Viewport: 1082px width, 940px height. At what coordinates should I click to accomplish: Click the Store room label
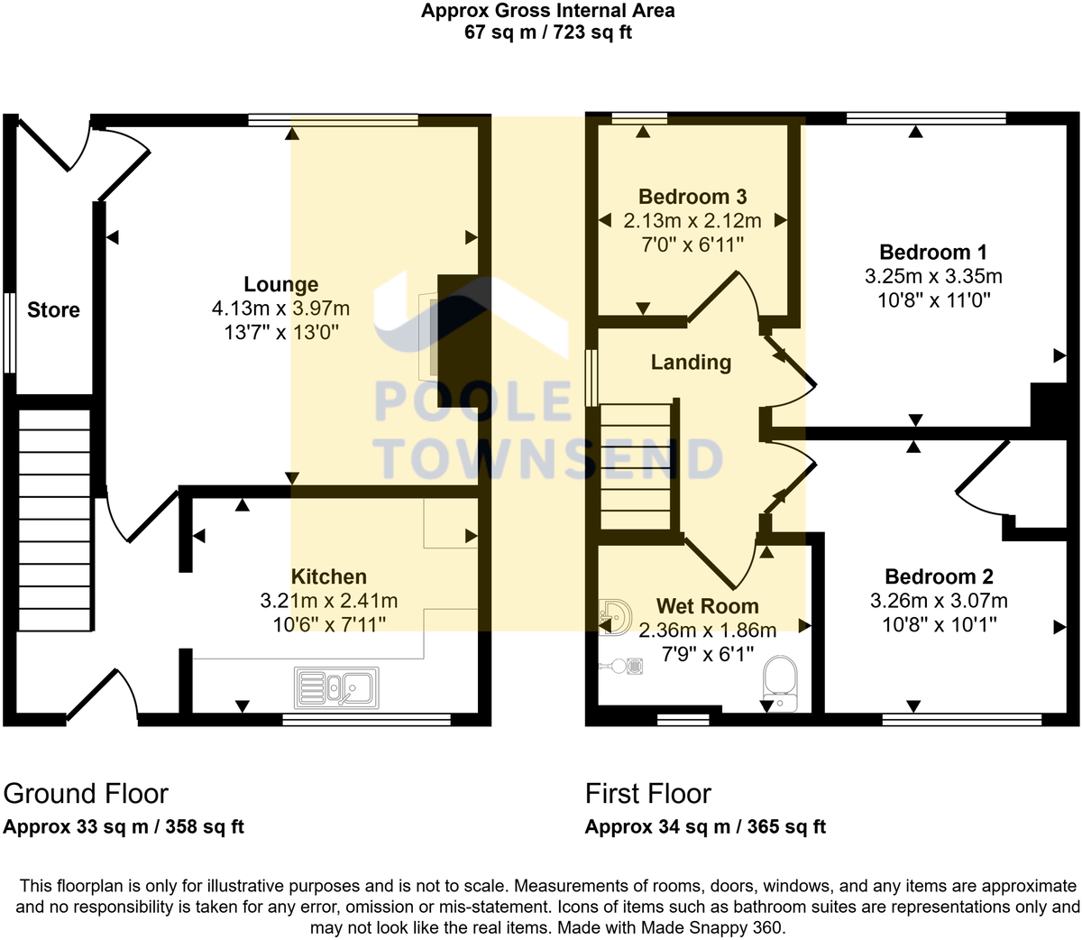pyautogui.click(x=53, y=310)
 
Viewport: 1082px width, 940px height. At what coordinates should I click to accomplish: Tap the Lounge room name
pyautogui.click(x=280, y=284)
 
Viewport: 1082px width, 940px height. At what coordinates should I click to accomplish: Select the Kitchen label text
pyautogui.click(x=328, y=576)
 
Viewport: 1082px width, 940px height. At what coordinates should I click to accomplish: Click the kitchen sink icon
pyautogui.click(x=336, y=688)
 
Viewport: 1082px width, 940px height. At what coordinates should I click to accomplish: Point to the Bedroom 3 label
pyautogui.click(x=692, y=197)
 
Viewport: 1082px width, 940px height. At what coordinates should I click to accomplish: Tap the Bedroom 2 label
pyautogui.click(x=939, y=576)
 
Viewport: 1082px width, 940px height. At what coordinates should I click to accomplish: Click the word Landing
pyautogui.click(x=691, y=362)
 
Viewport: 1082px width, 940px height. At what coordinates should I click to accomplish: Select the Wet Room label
pyautogui.click(x=707, y=606)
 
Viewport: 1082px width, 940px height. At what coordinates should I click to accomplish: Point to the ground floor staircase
pyautogui.click(x=55, y=520)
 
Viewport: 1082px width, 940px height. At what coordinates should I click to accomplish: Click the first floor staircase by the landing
pyautogui.click(x=637, y=466)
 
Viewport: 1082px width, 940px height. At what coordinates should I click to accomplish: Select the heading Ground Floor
pyautogui.click(x=86, y=794)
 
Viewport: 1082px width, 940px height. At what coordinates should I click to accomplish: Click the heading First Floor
pyautogui.click(x=647, y=794)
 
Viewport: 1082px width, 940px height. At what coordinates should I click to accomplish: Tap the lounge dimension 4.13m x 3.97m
pyautogui.click(x=280, y=309)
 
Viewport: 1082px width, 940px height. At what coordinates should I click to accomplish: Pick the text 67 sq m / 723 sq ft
pyautogui.click(x=547, y=32)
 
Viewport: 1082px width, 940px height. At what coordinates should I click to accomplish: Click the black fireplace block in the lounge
pyautogui.click(x=457, y=341)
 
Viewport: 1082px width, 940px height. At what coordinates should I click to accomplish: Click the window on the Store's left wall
pyautogui.click(x=9, y=332)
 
